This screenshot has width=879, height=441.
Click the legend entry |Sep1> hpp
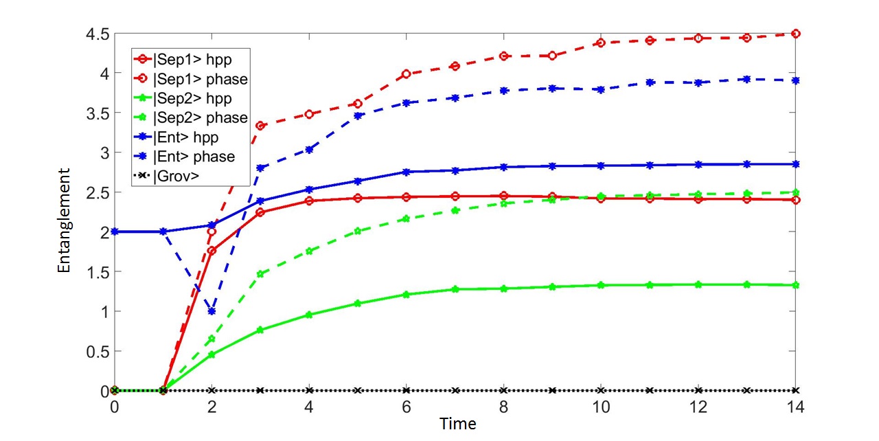point(183,59)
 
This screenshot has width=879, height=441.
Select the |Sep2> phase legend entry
point(191,117)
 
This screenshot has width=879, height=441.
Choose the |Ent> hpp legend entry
point(176,137)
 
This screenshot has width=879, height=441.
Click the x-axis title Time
point(457,424)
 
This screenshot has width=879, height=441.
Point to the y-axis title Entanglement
point(64,220)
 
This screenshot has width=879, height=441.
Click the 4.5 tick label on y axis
point(98,34)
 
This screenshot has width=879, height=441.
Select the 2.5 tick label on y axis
point(98,192)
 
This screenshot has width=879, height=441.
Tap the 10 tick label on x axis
point(600,407)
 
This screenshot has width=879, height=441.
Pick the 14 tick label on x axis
point(795,407)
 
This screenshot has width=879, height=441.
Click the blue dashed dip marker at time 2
point(212,311)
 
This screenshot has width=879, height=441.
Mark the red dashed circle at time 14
point(796,34)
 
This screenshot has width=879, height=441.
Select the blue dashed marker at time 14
point(796,80)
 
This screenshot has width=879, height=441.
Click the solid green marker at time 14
point(796,285)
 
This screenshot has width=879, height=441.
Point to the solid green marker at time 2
point(212,354)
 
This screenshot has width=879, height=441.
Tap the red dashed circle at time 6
point(406,73)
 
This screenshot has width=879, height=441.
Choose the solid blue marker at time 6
point(406,172)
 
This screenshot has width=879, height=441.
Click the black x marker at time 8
point(504,390)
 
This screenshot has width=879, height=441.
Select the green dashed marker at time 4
point(309,251)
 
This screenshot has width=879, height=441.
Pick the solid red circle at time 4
point(309,201)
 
